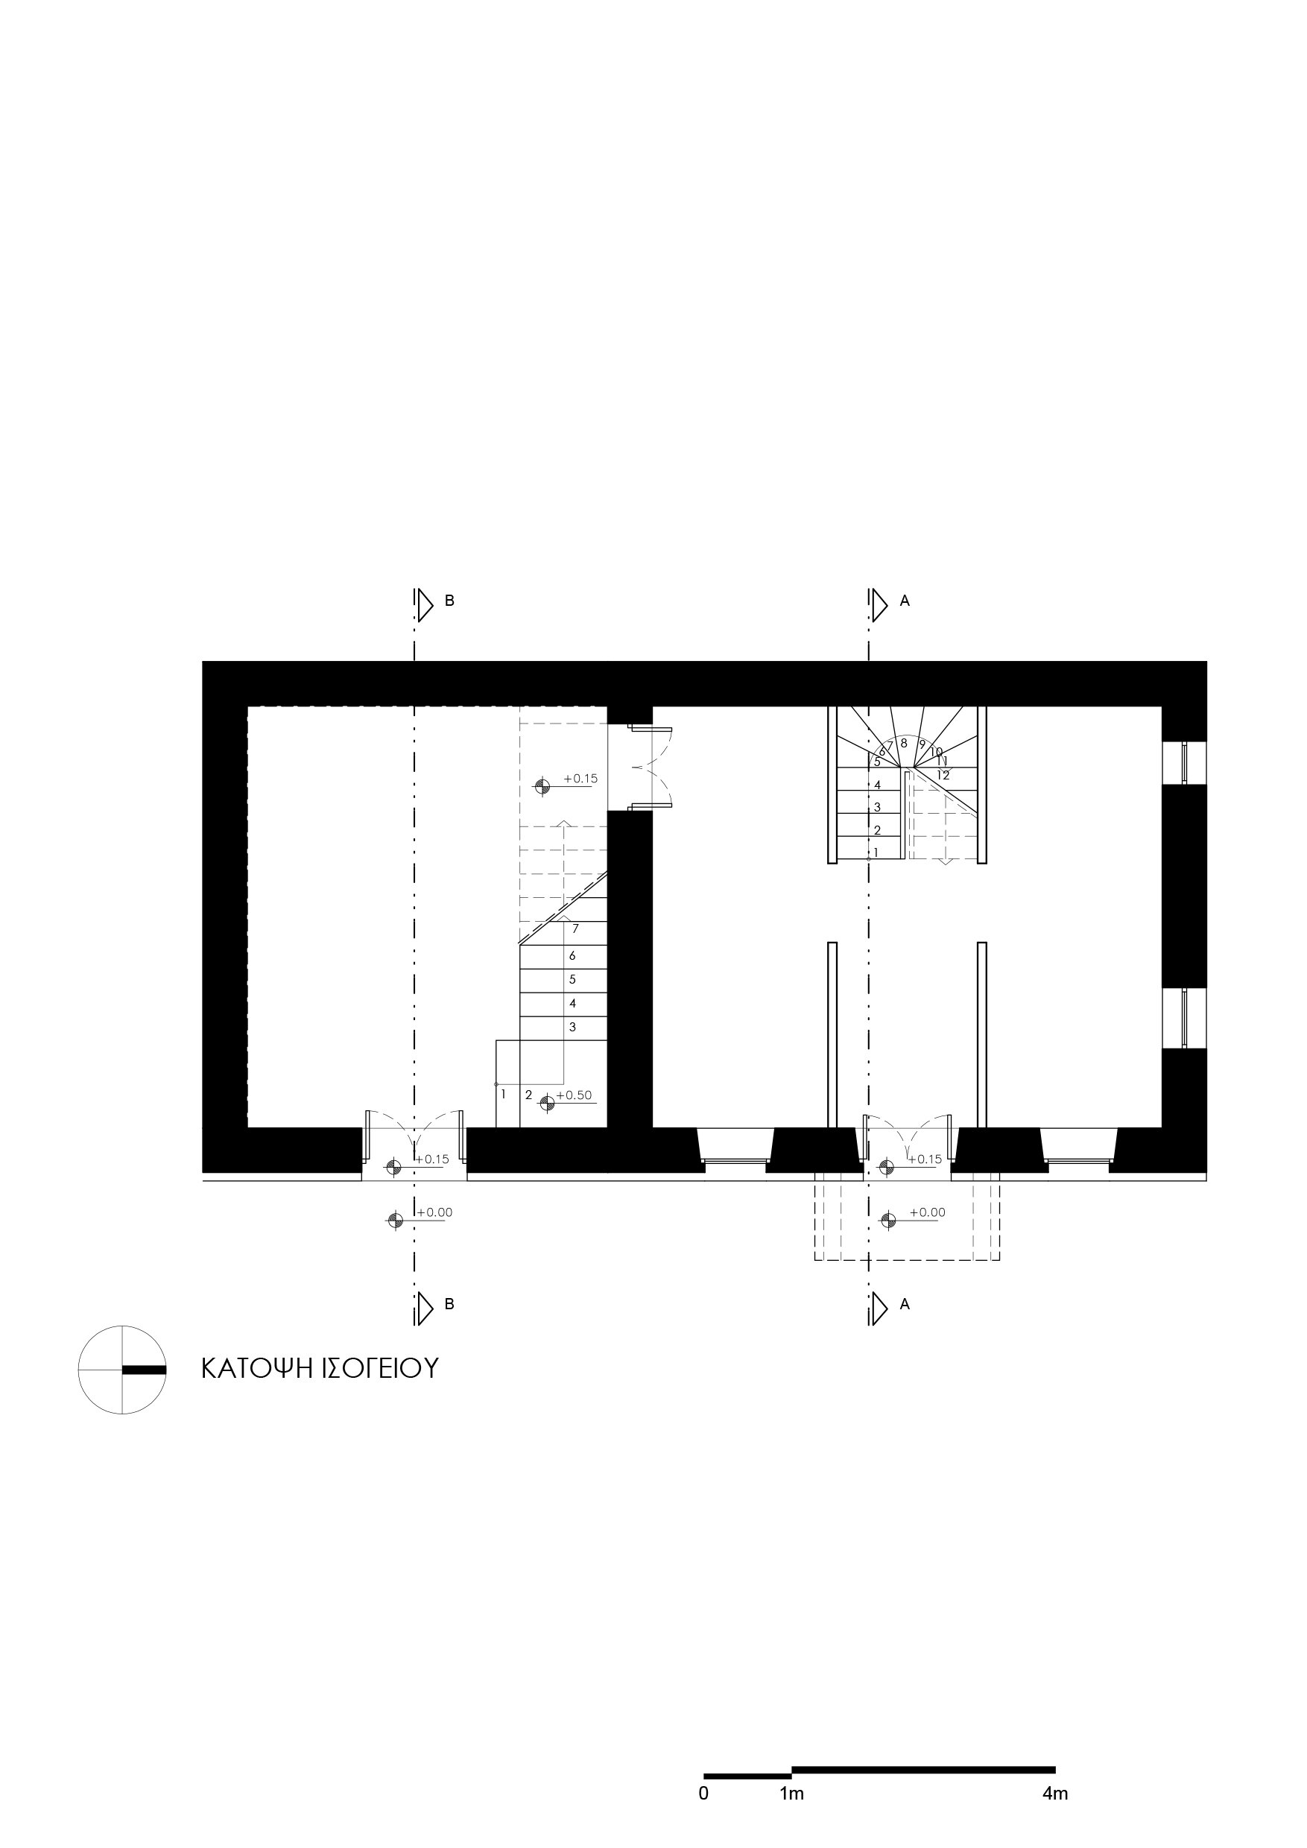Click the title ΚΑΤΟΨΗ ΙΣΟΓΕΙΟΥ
pos(320,1368)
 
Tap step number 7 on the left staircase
pos(575,928)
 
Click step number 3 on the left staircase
pos(572,1027)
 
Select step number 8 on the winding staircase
pos(904,743)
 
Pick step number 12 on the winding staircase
pos(943,775)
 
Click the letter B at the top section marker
pos(450,601)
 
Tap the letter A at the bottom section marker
pos(905,1305)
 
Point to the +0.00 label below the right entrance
pos(927,1212)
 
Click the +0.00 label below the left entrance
pos(434,1212)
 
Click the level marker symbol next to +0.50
pos(546,1103)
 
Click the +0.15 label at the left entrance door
pos(432,1159)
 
